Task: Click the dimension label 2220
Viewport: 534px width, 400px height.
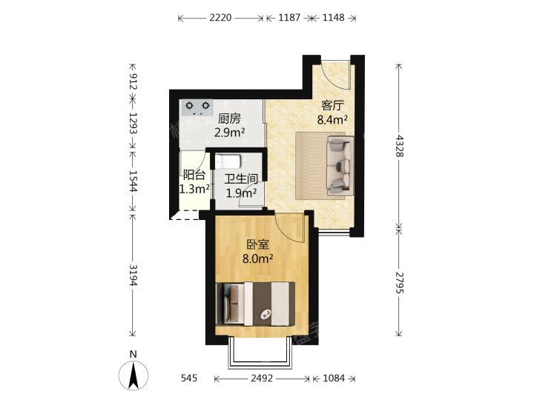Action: [220, 17]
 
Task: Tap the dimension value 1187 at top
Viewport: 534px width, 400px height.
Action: [289, 17]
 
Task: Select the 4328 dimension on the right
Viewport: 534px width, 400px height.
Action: [399, 146]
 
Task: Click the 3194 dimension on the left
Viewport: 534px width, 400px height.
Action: [133, 275]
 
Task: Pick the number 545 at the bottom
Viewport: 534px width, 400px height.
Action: [189, 378]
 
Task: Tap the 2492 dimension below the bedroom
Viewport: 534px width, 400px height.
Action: [262, 378]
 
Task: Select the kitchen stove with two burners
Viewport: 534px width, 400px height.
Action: [197, 107]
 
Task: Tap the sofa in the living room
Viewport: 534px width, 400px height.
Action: [340, 165]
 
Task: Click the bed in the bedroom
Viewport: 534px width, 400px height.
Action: [255, 304]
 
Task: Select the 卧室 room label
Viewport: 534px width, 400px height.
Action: [258, 244]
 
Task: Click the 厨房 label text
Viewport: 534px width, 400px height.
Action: [229, 119]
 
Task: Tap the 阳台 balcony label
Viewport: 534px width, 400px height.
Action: [194, 175]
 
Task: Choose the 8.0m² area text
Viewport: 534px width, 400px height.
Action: [258, 259]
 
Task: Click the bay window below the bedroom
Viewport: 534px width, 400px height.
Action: [260, 354]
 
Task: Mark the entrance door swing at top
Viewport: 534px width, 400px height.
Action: [336, 75]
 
